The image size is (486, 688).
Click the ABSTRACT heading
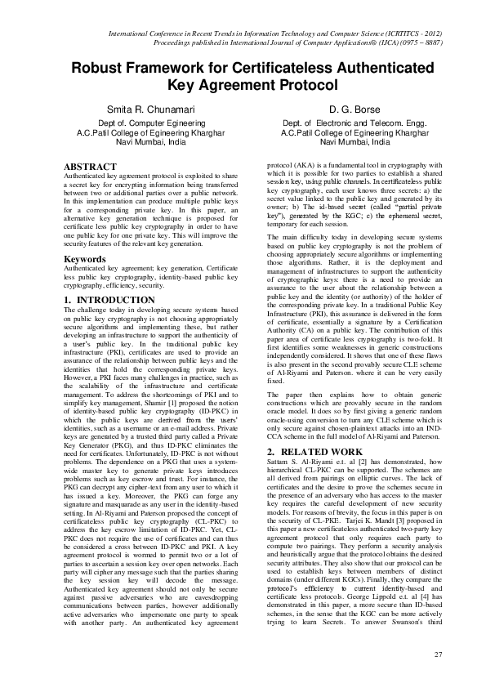[x=90, y=167]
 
